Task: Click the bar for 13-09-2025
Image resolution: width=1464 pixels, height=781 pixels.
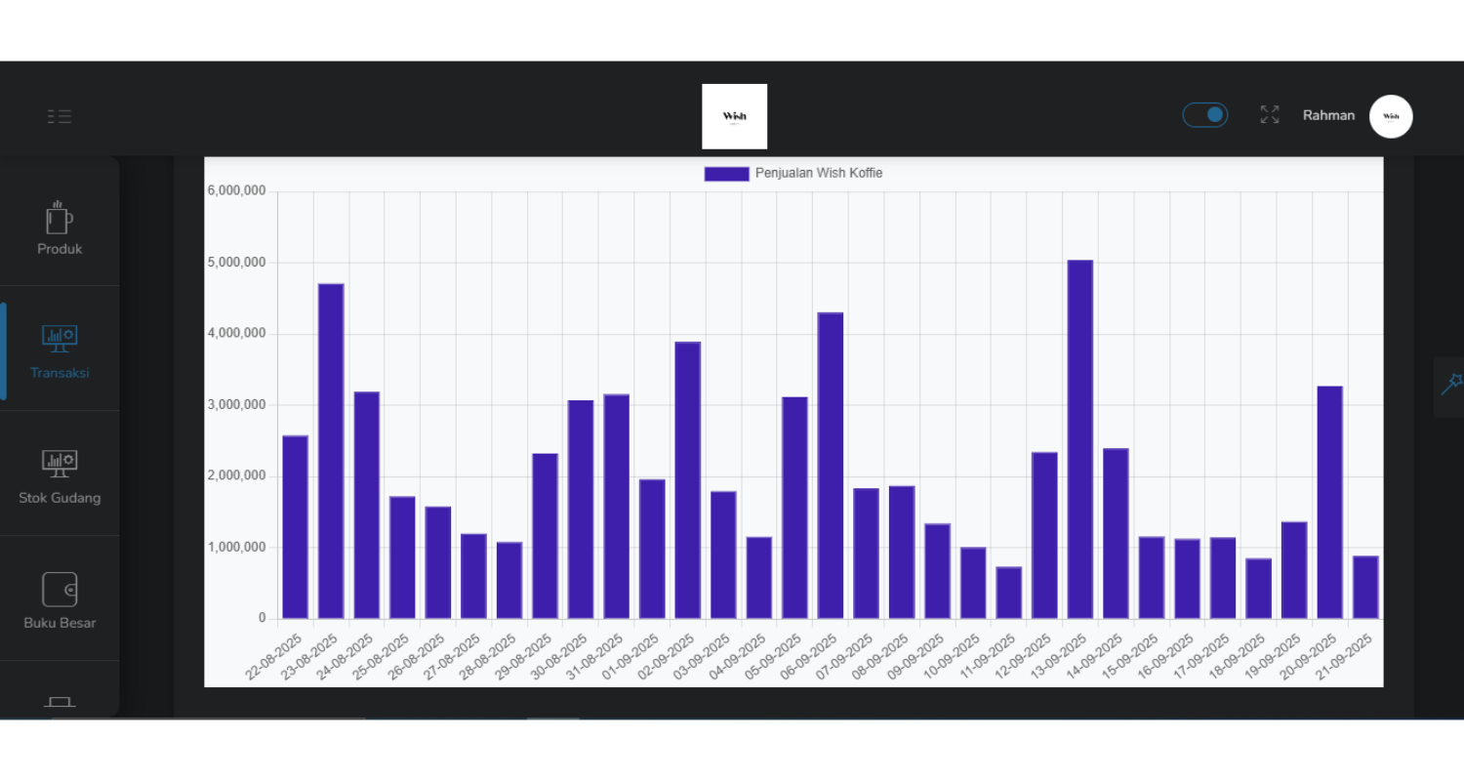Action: coord(1079,439)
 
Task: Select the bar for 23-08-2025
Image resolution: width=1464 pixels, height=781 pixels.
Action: coord(331,451)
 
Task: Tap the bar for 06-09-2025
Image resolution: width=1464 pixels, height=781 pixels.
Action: coord(830,466)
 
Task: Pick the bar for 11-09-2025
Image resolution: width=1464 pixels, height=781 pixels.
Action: coord(1008,593)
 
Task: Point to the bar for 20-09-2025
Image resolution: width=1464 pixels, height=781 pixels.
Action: coord(1329,503)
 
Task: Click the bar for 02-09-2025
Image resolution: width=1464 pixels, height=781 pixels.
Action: coord(687,480)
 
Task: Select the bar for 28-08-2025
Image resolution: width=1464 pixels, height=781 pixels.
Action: coord(508,581)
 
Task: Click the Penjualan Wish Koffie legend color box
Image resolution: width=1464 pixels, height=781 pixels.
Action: coord(726,174)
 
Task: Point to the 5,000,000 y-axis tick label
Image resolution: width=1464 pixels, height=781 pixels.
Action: coord(236,263)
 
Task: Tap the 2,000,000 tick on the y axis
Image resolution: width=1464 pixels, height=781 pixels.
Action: coord(236,476)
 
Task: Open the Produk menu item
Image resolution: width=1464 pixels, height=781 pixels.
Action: coord(60,228)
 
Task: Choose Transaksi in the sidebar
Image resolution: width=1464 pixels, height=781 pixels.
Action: coord(60,352)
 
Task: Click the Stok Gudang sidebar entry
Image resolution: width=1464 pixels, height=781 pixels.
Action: coord(60,477)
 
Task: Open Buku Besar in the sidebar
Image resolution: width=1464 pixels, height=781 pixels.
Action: coord(60,601)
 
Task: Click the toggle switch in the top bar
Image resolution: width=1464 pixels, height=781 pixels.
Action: coord(1205,115)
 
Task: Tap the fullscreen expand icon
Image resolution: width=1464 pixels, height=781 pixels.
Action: coord(1269,115)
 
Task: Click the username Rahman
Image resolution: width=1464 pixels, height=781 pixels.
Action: coord(1328,115)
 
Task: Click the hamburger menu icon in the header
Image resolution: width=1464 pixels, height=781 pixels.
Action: coord(60,116)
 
